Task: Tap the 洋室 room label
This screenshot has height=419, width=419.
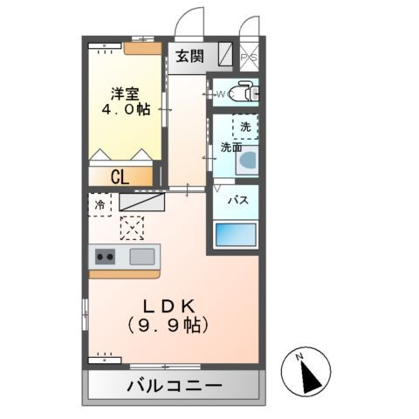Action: pos(124,93)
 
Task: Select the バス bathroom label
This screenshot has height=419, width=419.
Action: pos(236,200)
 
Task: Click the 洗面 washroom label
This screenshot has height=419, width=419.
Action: pos(230,147)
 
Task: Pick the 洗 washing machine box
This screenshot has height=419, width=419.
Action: pos(245,127)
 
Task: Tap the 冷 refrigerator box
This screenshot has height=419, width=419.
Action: pos(99,204)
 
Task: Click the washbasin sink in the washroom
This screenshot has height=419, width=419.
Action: pos(247,161)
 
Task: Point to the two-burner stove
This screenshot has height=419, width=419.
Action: pos(106,257)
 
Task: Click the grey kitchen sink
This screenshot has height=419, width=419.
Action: pos(142,257)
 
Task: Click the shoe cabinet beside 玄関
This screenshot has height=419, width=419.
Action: pos(223,56)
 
